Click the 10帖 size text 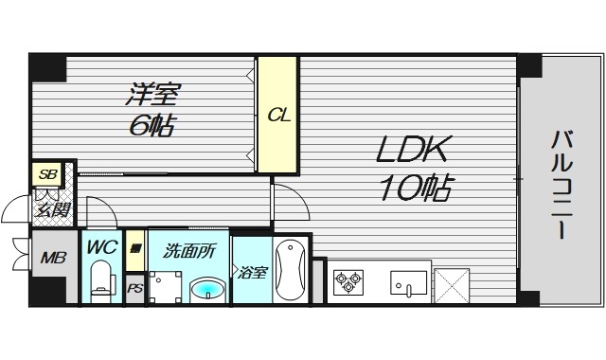click(x=412, y=187)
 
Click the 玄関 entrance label click(x=51, y=209)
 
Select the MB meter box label click(x=50, y=258)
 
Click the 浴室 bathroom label click(x=251, y=273)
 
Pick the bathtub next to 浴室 click(x=290, y=271)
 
